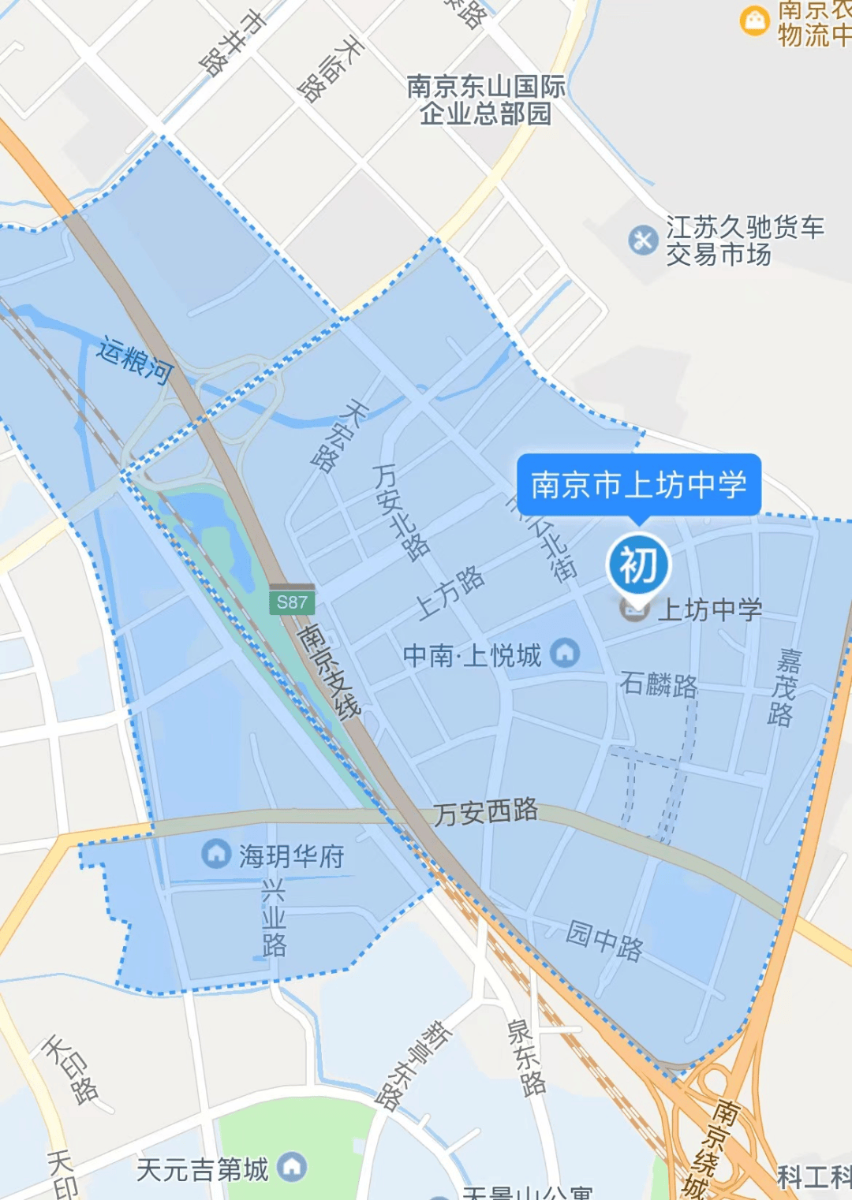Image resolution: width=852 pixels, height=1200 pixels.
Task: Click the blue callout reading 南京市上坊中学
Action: click(x=639, y=484)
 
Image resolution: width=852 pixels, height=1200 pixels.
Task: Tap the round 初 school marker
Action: click(x=638, y=565)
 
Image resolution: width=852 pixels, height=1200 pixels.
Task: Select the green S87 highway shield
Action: click(x=292, y=602)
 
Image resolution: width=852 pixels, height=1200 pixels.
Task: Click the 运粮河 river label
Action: click(x=135, y=360)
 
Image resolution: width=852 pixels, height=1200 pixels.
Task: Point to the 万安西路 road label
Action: click(x=486, y=811)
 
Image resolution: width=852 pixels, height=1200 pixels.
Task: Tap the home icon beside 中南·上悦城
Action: click(x=564, y=652)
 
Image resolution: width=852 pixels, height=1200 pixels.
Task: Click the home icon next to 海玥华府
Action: click(x=215, y=853)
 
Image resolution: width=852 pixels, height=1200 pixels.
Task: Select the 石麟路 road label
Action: click(x=659, y=684)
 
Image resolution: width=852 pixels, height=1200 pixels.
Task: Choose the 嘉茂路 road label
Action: click(x=784, y=687)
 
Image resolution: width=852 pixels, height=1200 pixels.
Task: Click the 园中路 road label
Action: click(x=604, y=940)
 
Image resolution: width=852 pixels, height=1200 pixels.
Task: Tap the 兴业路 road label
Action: click(x=273, y=917)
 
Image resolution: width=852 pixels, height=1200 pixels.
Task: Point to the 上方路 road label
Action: click(x=450, y=591)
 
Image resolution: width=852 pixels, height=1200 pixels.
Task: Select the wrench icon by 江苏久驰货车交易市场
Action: click(x=643, y=240)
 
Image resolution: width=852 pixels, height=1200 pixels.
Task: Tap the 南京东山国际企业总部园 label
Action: click(x=486, y=99)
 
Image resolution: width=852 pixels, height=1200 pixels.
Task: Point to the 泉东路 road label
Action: click(x=526, y=1057)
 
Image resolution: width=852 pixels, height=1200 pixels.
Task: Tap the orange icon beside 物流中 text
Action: click(x=754, y=20)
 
